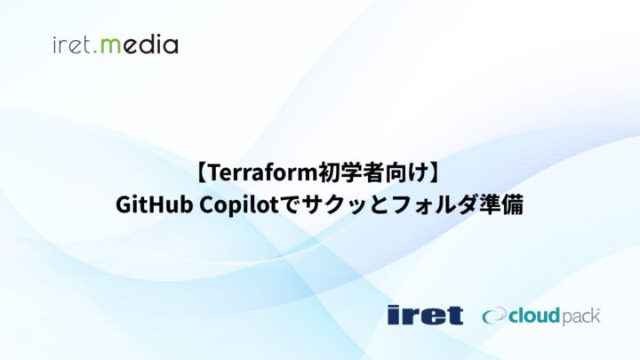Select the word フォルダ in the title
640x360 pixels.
[432, 204]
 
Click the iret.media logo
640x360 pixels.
[116, 44]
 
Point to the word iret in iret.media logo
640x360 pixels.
[76, 44]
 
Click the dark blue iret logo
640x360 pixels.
[425, 314]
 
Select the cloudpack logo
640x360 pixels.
[541, 315]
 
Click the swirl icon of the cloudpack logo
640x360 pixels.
[494, 315]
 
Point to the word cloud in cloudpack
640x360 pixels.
[532, 315]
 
